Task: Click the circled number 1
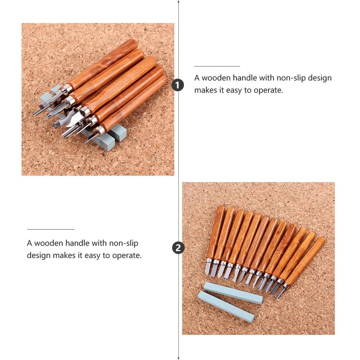[178, 85]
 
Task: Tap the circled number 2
[179, 248]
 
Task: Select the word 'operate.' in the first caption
[268, 90]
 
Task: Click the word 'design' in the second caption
[38, 255]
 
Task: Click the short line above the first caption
[217, 66]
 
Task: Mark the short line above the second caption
[51, 229]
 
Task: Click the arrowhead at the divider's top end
[179, 2]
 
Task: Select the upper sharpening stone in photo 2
[233, 292]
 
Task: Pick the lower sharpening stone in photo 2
[226, 306]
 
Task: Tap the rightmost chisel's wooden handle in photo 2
[306, 260]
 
